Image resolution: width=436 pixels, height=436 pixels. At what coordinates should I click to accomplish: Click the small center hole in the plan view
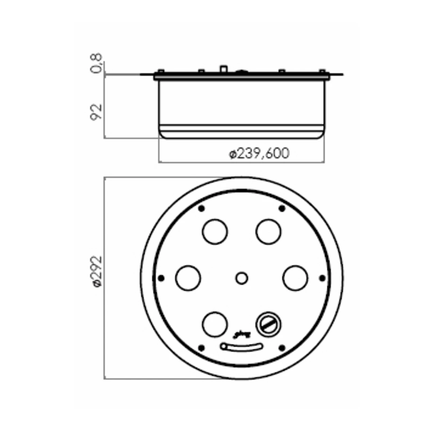click(x=242, y=278)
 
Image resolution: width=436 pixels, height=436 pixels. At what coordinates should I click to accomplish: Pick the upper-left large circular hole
click(x=215, y=232)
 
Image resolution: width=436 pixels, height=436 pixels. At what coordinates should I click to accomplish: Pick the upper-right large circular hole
click(x=268, y=232)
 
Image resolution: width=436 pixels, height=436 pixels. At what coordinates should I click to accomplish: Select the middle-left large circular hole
click(x=188, y=278)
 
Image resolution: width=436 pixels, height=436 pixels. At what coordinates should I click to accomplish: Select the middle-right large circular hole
click(x=295, y=278)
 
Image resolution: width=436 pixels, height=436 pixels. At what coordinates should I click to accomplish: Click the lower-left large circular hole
click(x=215, y=324)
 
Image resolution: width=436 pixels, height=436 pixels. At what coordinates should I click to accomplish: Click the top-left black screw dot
click(x=201, y=208)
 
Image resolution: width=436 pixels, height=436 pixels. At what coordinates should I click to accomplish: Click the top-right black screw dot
click(x=282, y=208)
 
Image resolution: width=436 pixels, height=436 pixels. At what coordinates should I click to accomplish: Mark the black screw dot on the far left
click(x=161, y=278)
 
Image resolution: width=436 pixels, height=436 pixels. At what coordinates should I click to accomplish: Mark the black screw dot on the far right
click(x=322, y=278)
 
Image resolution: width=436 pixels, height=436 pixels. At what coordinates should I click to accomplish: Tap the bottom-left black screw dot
click(x=201, y=348)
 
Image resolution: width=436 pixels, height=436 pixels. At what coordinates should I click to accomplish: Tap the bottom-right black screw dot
click(x=282, y=348)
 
